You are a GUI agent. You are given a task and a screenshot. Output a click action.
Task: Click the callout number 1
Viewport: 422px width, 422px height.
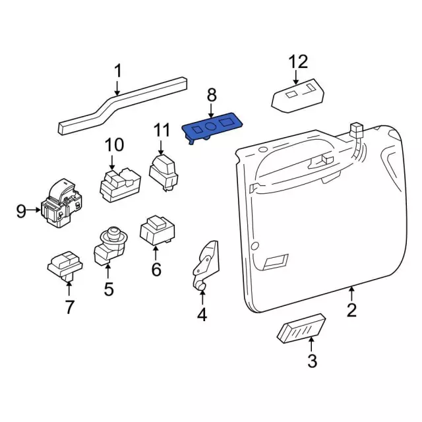(118, 71)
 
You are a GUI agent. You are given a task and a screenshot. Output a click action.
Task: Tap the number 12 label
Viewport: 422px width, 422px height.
(298, 62)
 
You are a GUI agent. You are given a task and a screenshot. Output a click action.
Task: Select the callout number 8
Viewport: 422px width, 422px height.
(212, 95)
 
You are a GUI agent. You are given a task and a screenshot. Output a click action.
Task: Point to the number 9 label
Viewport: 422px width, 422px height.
(21, 211)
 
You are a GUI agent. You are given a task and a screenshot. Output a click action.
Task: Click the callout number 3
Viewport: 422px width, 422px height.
(312, 361)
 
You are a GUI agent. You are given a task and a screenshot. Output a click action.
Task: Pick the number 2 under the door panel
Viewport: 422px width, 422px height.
(351, 310)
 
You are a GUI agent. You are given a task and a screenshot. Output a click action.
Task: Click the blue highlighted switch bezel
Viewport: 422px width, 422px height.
(212, 128)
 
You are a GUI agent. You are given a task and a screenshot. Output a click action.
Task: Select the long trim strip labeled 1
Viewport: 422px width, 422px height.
(123, 105)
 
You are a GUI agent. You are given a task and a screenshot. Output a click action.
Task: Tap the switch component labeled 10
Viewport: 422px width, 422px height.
(120, 185)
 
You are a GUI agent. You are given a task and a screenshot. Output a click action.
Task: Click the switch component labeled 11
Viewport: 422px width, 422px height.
(163, 171)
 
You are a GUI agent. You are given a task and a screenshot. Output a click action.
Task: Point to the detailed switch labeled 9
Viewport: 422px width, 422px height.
(61, 202)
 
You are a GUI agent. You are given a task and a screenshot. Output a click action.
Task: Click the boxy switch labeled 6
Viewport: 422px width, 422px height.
(157, 230)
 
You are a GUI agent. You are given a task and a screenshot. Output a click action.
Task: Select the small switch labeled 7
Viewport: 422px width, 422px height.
(65, 266)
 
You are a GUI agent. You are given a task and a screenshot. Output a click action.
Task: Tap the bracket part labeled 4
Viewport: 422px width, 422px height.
(206, 265)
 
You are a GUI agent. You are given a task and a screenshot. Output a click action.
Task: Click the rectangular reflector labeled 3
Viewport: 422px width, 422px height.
(301, 328)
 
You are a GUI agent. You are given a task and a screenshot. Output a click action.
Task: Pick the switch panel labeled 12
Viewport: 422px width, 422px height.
(298, 96)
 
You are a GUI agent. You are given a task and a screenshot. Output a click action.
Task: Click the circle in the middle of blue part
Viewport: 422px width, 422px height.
(210, 125)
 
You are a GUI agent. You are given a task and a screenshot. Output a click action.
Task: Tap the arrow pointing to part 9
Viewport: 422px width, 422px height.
(34, 210)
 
